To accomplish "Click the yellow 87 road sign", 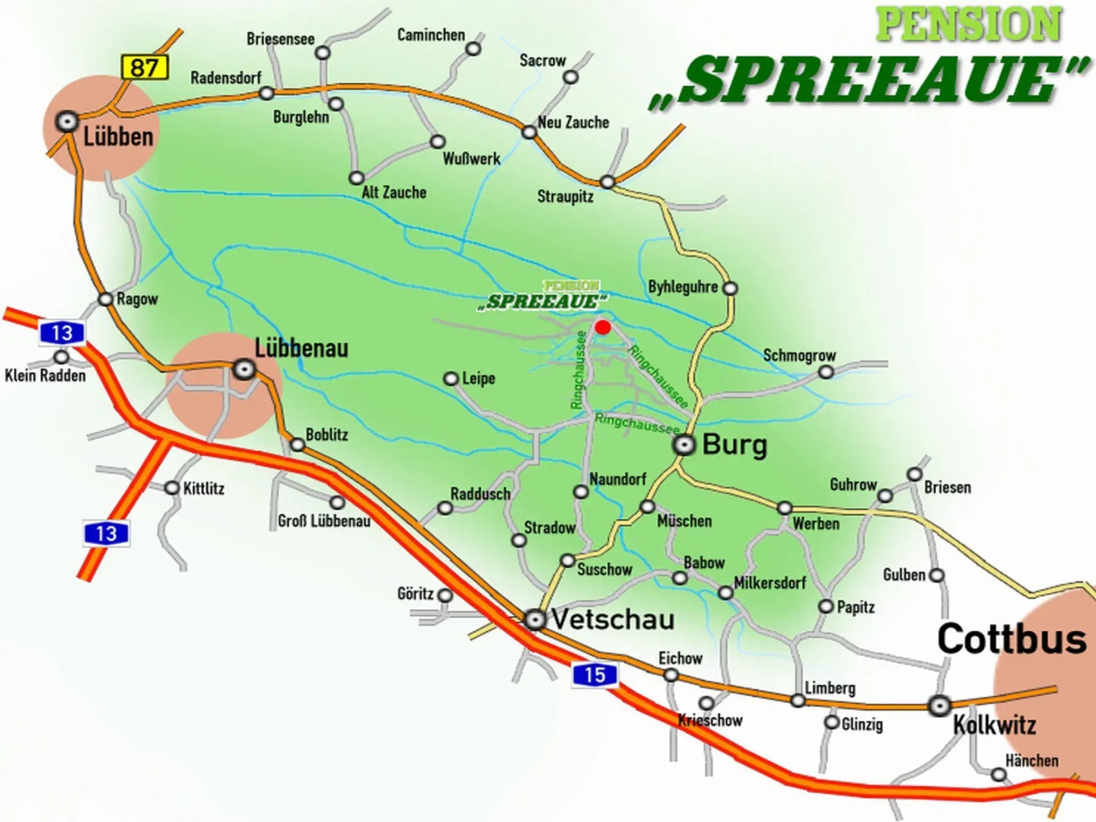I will (x=144, y=67).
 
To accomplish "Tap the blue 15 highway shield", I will (x=594, y=674).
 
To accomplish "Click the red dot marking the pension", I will (x=603, y=327).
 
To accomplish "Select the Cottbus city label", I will (x=1012, y=639).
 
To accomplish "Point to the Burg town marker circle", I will (x=685, y=445).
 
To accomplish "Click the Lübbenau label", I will (x=301, y=349).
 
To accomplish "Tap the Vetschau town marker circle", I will (x=536, y=620).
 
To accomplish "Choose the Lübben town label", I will (x=118, y=137).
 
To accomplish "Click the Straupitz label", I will (x=565, y=196).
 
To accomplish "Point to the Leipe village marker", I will (x=451, y=378).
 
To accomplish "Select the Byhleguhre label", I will (x=683, y=287).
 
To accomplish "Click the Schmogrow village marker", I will (x=826, y=372).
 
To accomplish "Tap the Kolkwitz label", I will (x=995, y=725).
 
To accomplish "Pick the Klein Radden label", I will (x=46, y=375).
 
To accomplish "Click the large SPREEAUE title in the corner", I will (x=868, y=81).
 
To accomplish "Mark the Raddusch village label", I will (x=480, y=494).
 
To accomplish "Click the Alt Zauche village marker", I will (x=356, y=178).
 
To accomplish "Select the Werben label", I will (x=816, y=524).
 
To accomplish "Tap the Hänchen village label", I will (x=1031, y=760).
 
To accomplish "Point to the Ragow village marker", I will (x=106, y=299).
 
